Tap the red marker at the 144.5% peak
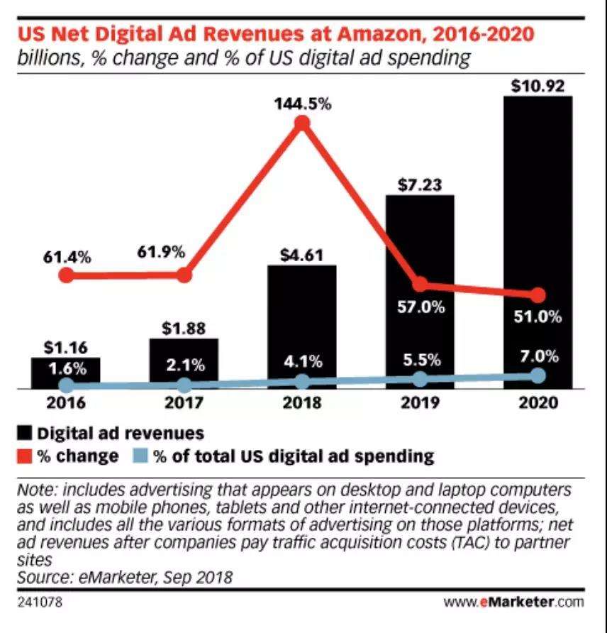(303, 123)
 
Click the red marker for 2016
(65, 275)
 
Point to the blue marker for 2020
(538, 375)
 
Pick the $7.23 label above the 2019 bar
(420, 185)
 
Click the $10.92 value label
(538, 86)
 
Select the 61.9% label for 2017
(162, 252)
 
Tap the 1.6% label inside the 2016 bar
(65, 369)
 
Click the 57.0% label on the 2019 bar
(420, 308)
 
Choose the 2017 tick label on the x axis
(184, 403)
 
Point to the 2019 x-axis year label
(420, 403)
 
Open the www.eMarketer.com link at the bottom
(515, 602)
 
